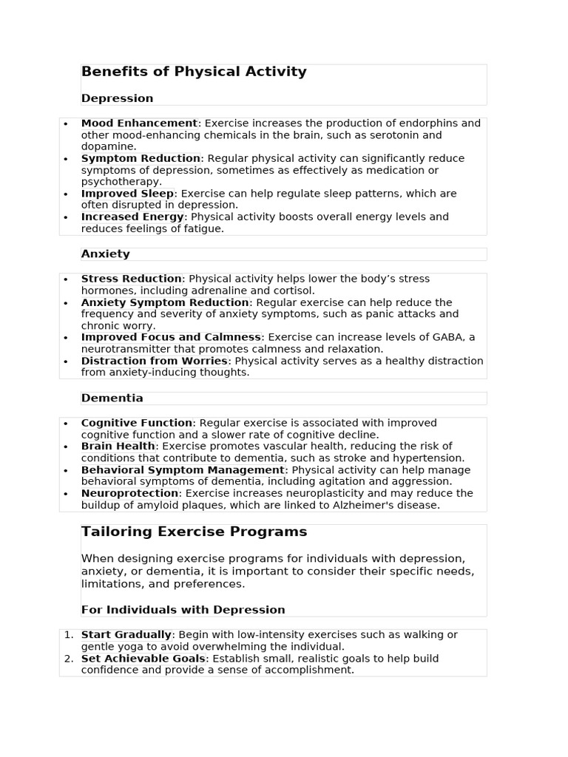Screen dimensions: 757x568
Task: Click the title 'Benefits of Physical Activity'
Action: [194, 72]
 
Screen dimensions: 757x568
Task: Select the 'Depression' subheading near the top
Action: [117, 98]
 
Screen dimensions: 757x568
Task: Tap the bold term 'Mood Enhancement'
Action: [139, 123]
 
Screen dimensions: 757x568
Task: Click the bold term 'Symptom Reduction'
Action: [141, 158]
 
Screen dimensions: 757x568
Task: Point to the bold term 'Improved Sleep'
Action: [127, 194]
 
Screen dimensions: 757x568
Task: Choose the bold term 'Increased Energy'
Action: [132, 217]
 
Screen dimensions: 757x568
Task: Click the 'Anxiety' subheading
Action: [105, 254]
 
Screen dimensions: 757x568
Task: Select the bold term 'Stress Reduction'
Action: [131, 279]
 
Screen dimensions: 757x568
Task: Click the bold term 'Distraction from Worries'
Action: [154, 361]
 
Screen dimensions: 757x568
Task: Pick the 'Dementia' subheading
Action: [112, 398]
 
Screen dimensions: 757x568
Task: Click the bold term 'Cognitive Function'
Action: [136, 424]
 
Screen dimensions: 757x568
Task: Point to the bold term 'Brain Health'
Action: [118, 447]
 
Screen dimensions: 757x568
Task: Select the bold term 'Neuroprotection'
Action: [129, 494]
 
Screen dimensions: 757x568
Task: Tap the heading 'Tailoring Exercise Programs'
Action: [194, 532]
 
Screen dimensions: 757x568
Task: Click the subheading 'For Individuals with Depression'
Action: [183, 610]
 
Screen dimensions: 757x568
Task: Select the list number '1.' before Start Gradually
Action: [69, 635]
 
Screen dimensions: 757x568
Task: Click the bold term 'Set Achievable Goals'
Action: [143, 659]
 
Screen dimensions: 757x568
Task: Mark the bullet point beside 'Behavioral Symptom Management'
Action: [66, 471]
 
